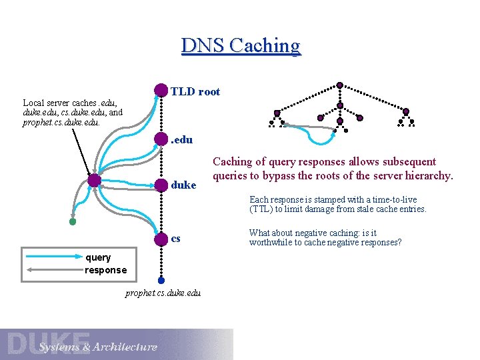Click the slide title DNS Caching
pos(241,45)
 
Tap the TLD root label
pos(195,92)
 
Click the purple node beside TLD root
pos(161,91)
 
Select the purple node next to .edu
pos(161,140)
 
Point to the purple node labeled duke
pos(161,183)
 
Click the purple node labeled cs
pos(161,239)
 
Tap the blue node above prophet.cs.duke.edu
pos(161,281)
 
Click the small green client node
pos(73,221)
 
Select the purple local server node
pos(94,180)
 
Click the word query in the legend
pos(98,257)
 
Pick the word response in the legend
pos(105,270)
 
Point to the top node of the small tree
pos(339,85)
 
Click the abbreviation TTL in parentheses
pos(262,209)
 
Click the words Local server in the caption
pos(48,103)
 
